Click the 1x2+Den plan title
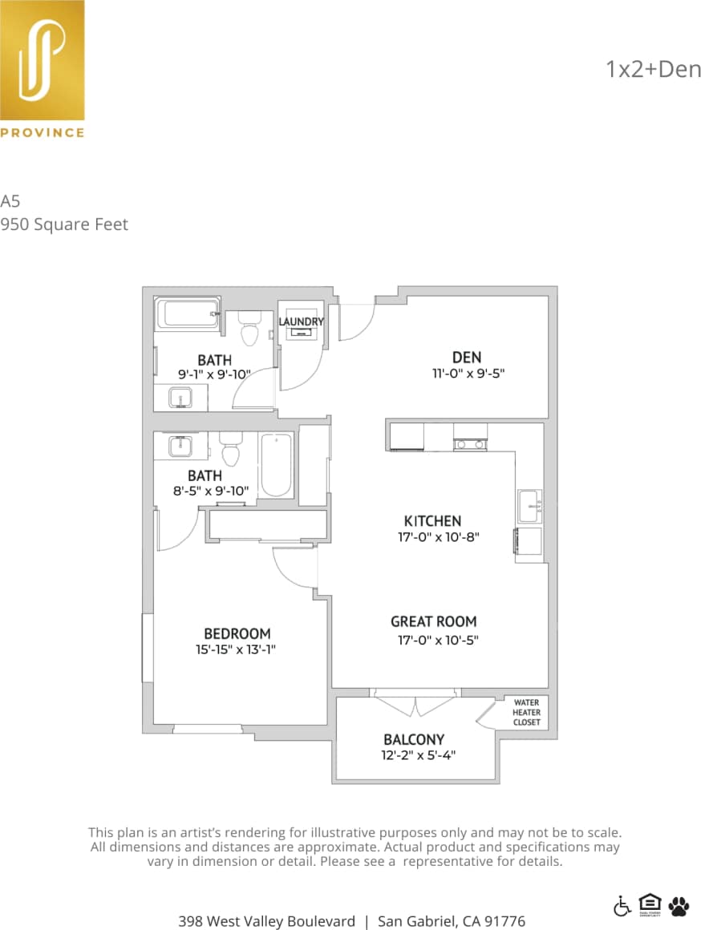click(x=653, y=69)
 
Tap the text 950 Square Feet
click(x=64, y=224)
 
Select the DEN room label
click(x=467, y=357)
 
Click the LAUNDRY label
click(x=302, y=321)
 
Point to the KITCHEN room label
click(x=433, y=521)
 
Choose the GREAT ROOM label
click(x=434, y=621)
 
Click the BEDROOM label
click(x=237, y=633)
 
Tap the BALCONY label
click(x=414, y=739)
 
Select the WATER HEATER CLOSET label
click(x=527, y=713)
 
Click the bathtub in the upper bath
click(x=188, y=313)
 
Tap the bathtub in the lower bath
click(x=277, y=465)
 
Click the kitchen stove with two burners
click(x=471, y=443)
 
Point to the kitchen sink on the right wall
click(x=529, y=506)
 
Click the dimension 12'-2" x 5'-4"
click(x=423, y=754)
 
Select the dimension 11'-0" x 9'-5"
click(x=467, y=373)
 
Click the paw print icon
click(x=679, y=906)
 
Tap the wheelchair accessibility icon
click(x=622, y=906)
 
